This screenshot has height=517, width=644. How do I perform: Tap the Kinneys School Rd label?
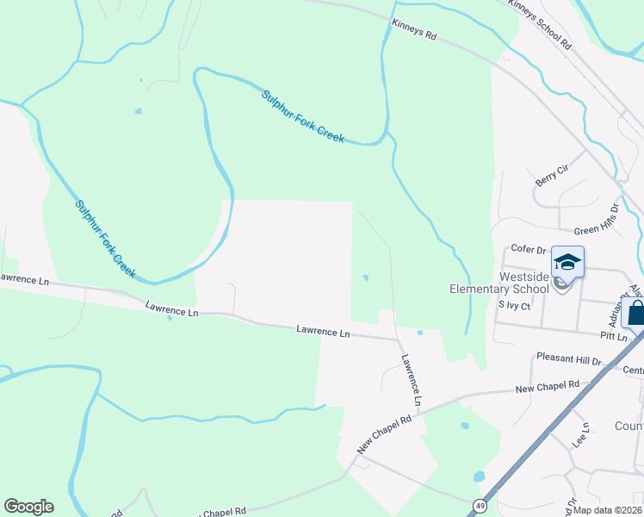tap(540, 23)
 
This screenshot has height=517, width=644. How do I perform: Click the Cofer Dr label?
tap(529, 249)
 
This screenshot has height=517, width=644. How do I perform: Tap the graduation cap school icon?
tap(567, 262)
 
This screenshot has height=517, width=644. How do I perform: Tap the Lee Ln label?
tap(581, 434)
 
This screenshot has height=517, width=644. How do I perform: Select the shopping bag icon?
tap(636, 312)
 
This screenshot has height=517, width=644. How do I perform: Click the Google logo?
tap(28, 507)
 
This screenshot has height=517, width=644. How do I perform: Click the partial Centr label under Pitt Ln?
tap(633, 371)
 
